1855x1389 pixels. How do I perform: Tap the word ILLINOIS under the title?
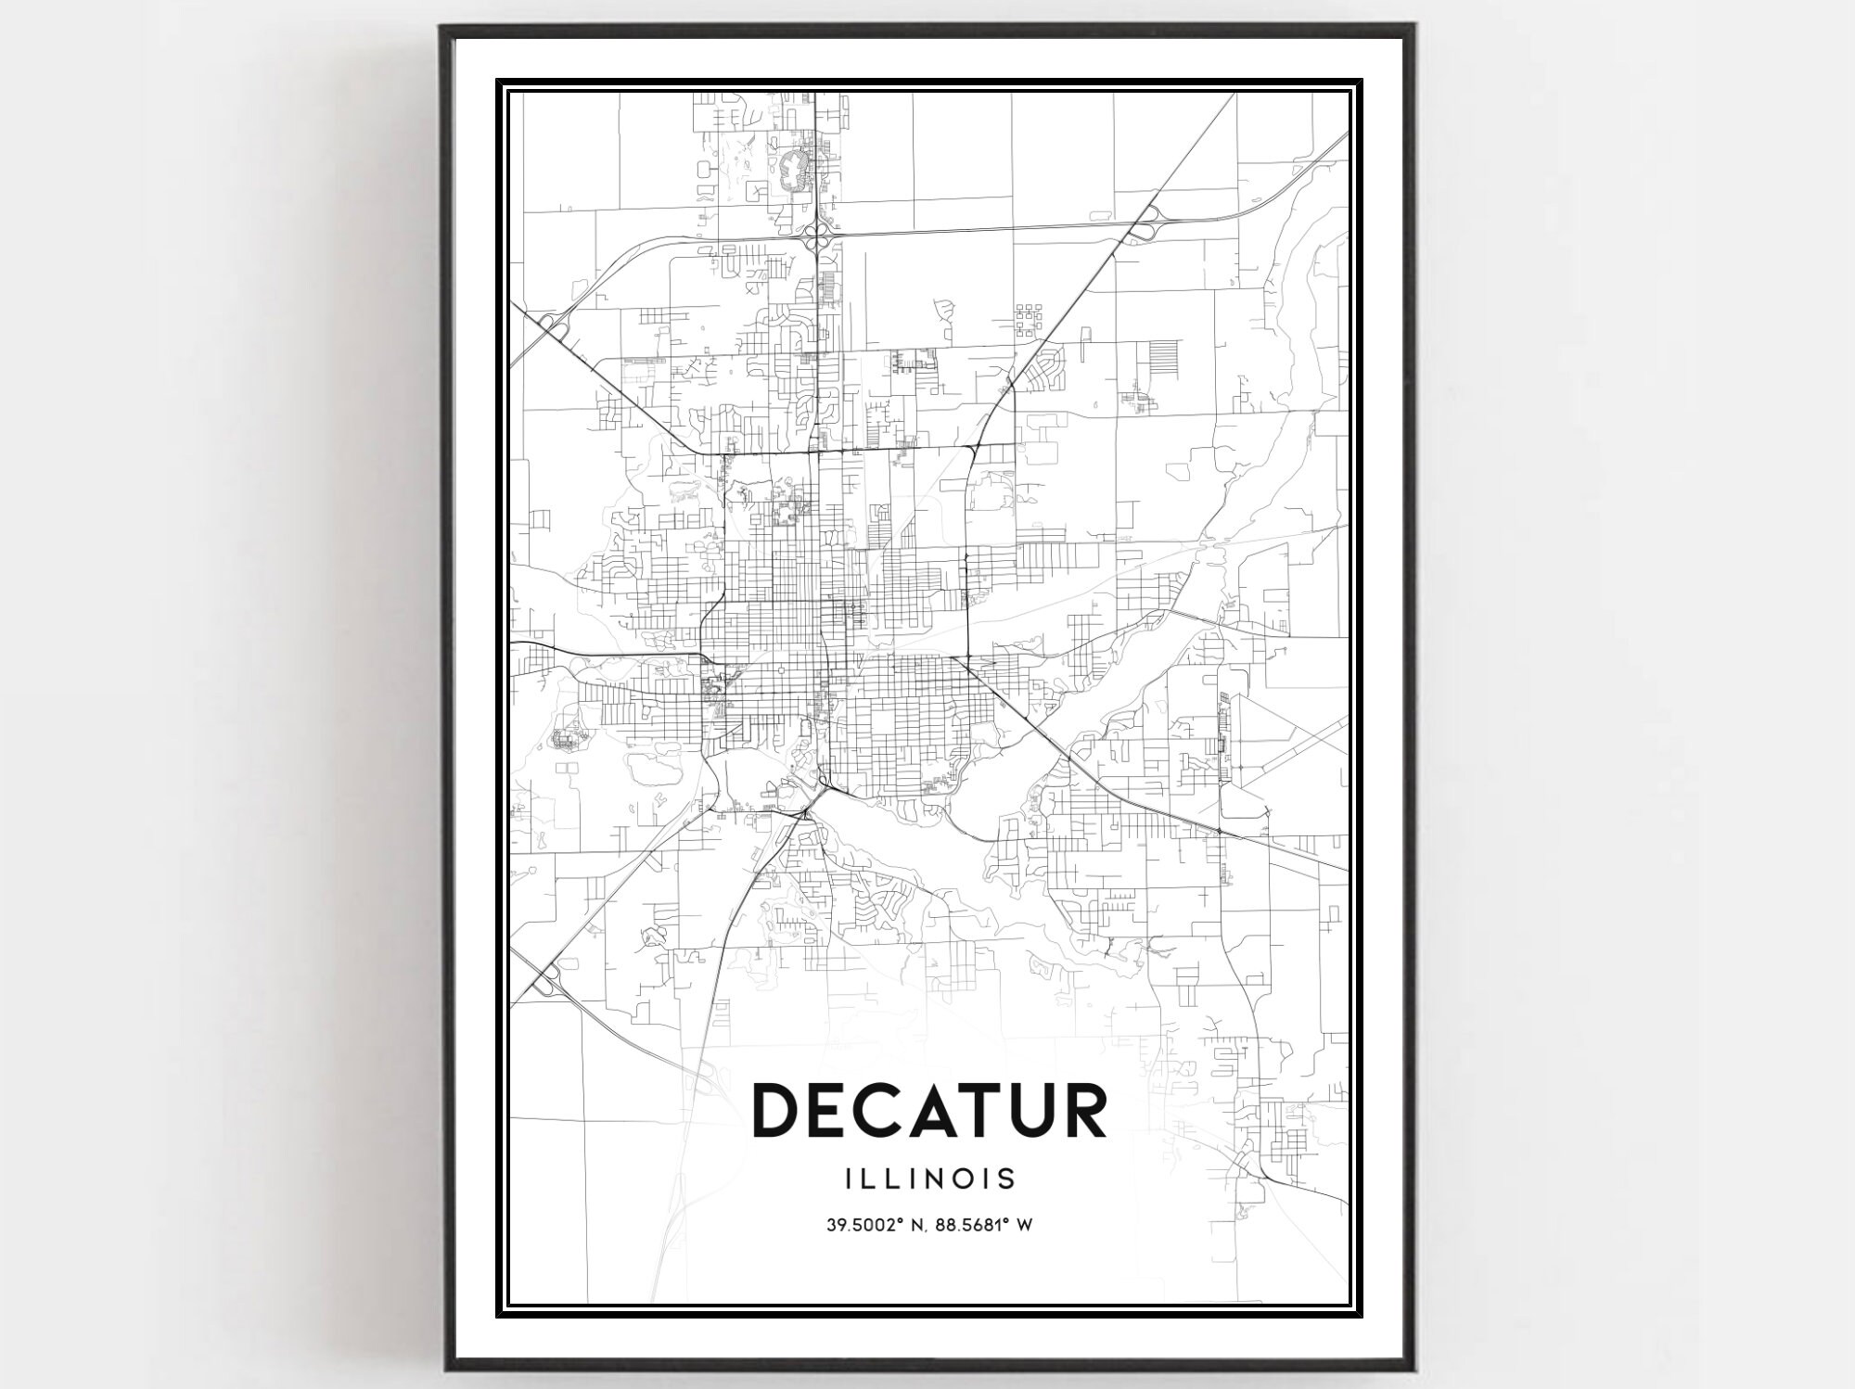pyautogui.click(x=930, y=1179)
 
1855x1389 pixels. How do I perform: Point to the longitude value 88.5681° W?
pyautogui.click(x=986, y=1225)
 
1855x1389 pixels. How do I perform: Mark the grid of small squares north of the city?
pyautogui.click(x=1029, y=319)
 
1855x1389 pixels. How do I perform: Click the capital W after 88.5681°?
pyautogui.click(x=1025, y=1225)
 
